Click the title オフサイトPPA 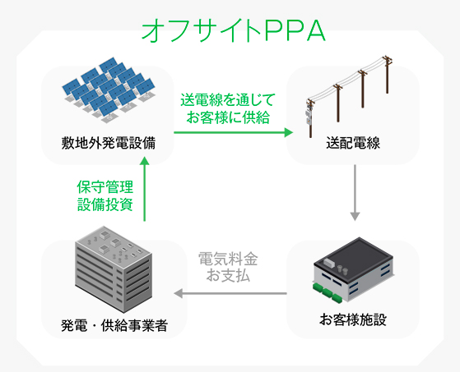(234, 30)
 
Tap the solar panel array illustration (109, 90)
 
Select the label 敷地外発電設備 (109, 143)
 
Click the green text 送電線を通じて (228, 100)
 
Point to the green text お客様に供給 (228, 117)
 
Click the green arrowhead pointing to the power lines (289, 132)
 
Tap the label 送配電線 (353, 143)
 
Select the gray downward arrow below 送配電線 (355, 193)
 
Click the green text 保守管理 (105, 187)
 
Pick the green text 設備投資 (105, 204)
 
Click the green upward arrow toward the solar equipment (144, 189)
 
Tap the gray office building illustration (114, 269)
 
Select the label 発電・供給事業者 (114, 325)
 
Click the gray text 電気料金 (228, 259)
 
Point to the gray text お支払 (228, 275)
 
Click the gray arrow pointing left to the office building (230, 293)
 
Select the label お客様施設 (353, 319)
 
